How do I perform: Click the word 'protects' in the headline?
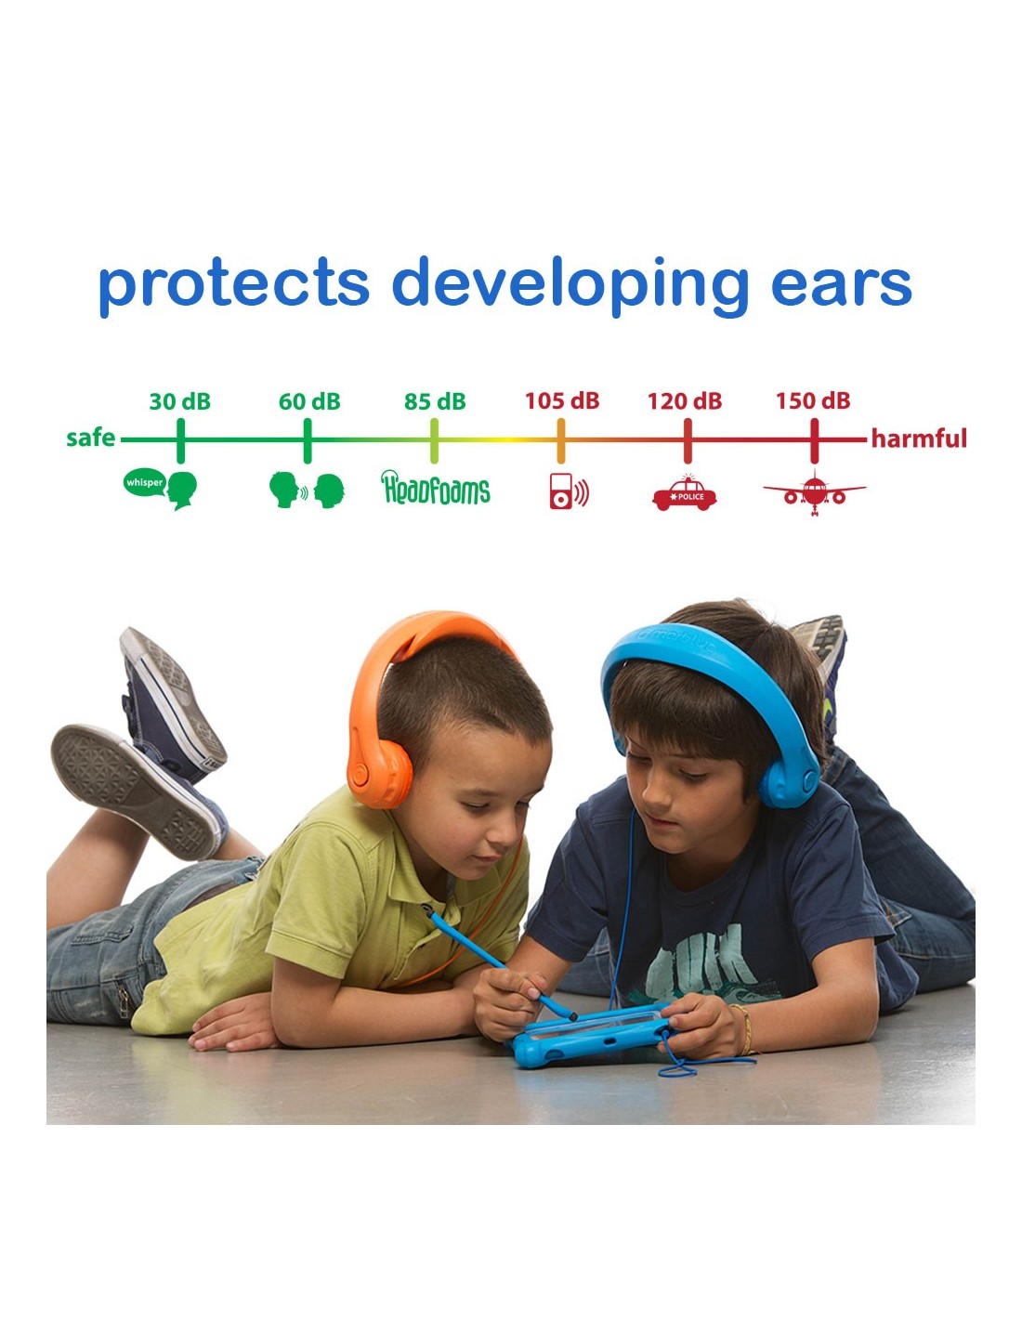[234, 284]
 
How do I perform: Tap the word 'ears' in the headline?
[841, 283]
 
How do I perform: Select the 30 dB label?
[180, 402]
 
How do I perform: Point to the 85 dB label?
[435, 402]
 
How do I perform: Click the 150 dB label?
[813, 401]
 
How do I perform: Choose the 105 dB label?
[562, 401]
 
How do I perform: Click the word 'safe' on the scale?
[91, 438]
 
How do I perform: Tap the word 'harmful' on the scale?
[919, 438]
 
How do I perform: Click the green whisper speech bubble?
[145, 483]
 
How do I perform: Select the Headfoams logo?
[436, 488]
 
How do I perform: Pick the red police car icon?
[684, 494]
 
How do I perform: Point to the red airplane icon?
[814, 491]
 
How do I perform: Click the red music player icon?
[569, 490]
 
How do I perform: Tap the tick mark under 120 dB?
[687, 440]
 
